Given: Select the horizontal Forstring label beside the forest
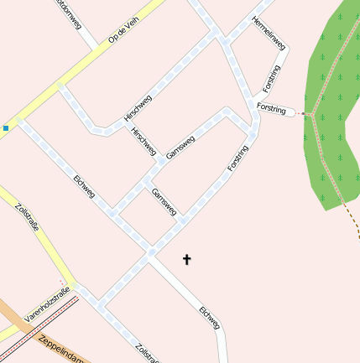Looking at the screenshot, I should pos(272,110).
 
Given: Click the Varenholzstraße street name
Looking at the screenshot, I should pos(45,304).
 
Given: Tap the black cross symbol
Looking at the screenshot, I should pos(186,260).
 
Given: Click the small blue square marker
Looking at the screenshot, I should pos(6,128).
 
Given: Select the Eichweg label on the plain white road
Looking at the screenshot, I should pos(210,318).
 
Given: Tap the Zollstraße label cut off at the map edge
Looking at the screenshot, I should pos(146,352).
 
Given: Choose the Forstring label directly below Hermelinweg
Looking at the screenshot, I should pos(269,78).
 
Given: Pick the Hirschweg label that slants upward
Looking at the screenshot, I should pos(138,110).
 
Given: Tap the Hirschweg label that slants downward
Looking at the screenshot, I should pos(143,141).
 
